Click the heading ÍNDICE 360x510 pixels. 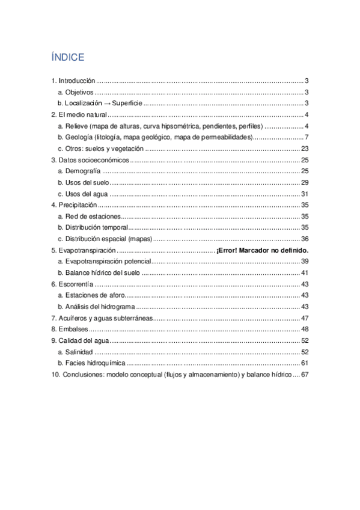point(68,57)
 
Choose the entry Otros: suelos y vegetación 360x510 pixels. point(100,149)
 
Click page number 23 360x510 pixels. point(304,149)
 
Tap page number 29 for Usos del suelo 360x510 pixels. point(304,182)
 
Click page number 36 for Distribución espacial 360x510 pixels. point(304,239)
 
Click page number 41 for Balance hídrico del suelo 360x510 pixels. point(304,272)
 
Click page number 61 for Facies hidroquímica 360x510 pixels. point(304,363)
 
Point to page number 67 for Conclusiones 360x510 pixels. point(304,375)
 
